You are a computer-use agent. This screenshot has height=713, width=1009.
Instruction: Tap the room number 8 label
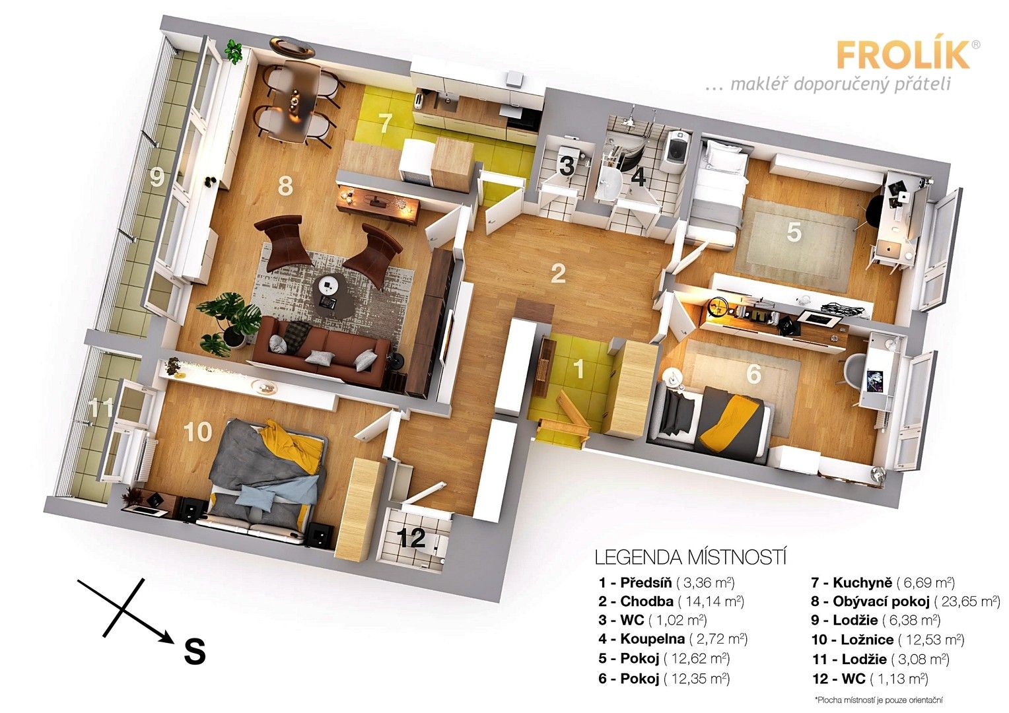pos(285,186)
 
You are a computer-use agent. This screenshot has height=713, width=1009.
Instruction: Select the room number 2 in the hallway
pos(558,273)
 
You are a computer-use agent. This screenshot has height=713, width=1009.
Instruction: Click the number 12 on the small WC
pos(412,539)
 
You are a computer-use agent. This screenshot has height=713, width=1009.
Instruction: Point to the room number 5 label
pos(794,232)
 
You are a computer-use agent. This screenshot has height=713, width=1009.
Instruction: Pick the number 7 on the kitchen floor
pos(386,123)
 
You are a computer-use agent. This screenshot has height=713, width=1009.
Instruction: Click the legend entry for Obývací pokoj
pos(905,601)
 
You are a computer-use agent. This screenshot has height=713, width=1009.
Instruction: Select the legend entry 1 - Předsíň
pos(667,583)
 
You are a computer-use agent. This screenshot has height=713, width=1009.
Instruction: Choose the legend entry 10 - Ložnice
pos(887,640)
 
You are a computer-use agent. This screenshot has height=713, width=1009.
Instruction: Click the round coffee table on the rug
pos(329,286)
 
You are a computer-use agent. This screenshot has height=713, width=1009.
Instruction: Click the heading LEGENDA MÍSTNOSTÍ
pos(691,557)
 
